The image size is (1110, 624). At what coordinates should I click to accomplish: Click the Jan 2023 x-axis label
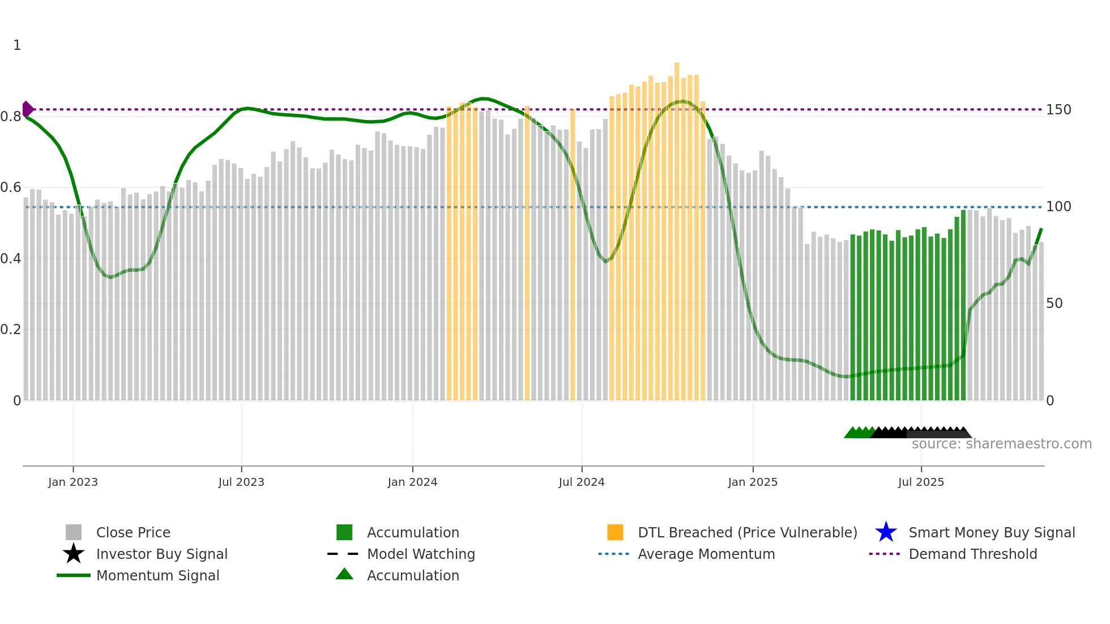[73, 482]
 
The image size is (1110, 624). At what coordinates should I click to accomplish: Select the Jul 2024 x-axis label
[582, 482]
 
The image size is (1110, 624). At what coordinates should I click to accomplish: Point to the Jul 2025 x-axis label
[921, 482]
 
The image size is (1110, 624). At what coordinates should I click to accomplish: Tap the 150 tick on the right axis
[1058, 110]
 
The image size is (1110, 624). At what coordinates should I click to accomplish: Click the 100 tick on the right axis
[1058, 207]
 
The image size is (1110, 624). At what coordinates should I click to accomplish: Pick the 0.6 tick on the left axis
[11, 187]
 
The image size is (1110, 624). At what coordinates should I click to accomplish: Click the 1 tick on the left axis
[17, 45]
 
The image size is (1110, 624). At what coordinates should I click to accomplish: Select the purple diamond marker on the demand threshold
[27, 109]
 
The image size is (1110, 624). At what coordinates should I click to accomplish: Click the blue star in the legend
[886, 532]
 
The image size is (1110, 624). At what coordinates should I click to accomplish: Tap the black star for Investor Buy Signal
[74, 554]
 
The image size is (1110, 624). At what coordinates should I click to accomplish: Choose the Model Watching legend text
[421, 554]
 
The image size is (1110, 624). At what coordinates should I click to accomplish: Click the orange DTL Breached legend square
[615, 532]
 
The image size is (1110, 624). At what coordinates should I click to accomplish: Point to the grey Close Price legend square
[74, 532]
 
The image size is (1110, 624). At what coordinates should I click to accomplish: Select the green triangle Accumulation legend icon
[344, 574]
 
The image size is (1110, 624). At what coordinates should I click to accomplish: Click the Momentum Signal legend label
[157, 576]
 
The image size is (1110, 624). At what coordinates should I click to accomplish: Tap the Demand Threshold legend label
[972, 554]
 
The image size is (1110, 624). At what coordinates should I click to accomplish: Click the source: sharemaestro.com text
[1001, 444]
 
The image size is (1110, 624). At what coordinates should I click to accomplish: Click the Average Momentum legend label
[706, 554]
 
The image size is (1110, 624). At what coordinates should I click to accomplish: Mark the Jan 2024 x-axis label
[412, 482]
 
